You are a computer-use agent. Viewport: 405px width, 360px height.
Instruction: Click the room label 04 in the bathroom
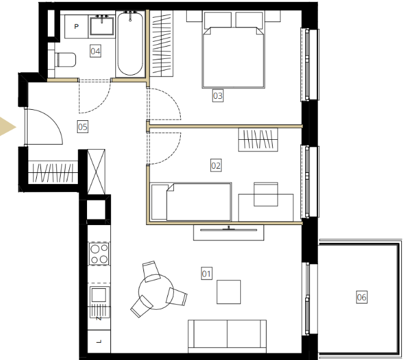(96, 51)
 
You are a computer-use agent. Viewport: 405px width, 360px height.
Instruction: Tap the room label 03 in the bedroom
(218, 96)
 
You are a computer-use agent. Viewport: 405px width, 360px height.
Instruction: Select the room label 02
(216, 165)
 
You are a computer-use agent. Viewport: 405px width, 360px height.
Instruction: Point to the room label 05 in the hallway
(83, 127)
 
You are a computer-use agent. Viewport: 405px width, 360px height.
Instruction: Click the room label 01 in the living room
(206, 274)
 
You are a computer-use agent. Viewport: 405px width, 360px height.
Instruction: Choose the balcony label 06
(361, 297)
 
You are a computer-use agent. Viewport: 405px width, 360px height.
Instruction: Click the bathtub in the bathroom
(130, 44)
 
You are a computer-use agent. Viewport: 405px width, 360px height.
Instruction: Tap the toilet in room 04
(66, 59)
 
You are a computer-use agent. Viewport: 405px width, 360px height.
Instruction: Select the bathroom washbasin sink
(102, 25)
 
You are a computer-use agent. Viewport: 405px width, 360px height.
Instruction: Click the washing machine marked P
(77, 26)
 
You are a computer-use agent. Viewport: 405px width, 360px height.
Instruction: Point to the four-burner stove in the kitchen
(99, 253)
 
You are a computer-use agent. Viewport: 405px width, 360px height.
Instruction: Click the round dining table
(156, 292)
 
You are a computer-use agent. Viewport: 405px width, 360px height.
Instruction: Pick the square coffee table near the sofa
(229, 292)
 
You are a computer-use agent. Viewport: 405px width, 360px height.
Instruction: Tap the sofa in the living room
(227, 336)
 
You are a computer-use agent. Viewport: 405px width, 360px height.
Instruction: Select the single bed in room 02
(191, 202)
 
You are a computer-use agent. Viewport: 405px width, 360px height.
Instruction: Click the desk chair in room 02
(266, 194)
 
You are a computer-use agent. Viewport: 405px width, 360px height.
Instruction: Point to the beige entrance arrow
(7, 127)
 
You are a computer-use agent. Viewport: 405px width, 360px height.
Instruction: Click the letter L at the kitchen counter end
(99, 342)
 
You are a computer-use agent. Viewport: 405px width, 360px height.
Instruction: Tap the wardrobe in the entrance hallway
(53, 172)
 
